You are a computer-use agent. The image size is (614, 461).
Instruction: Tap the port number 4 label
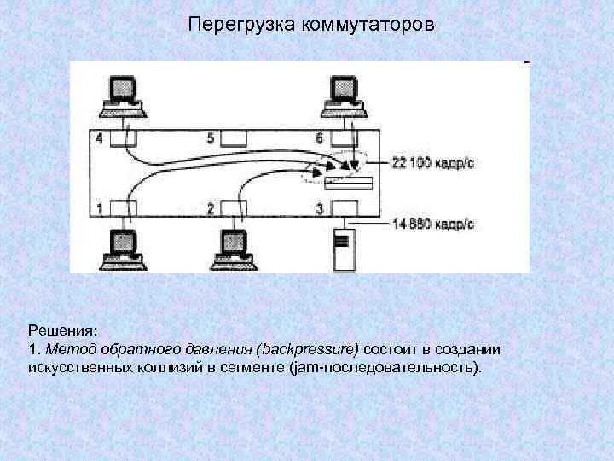tap(99, 138)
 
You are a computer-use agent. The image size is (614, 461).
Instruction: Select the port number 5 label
tap(211, 138)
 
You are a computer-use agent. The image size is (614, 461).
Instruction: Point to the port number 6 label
tap(320, 138)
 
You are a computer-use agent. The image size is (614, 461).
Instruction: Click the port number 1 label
tap(99, 207)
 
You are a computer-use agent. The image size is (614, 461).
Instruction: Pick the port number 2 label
tap(211, 207)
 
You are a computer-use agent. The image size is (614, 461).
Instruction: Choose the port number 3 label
tap(320, 207)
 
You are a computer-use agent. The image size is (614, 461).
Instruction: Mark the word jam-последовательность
tap(385, 368)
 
